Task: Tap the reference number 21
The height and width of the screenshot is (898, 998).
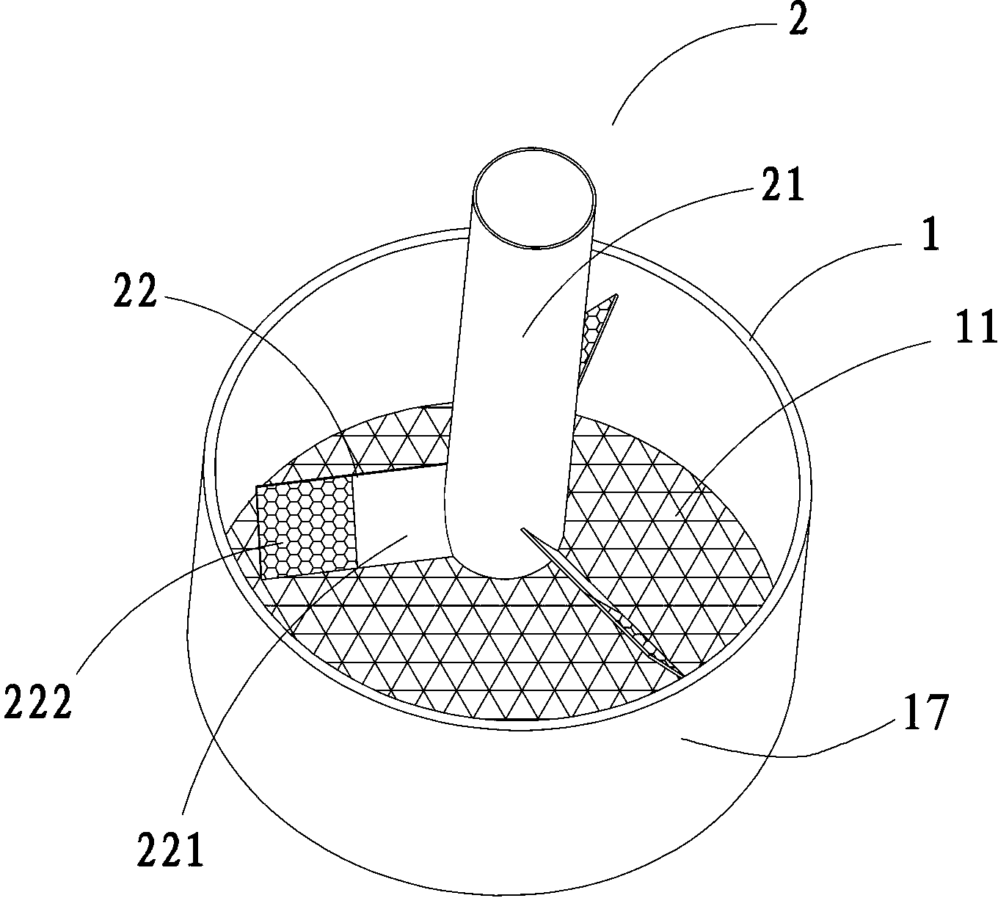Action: [x=782, y=183]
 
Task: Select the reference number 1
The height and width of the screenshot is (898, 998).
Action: [x=930, y=234]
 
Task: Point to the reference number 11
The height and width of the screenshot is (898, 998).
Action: [x=975, y=327]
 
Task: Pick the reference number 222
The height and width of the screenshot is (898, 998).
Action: [x=38, y=703]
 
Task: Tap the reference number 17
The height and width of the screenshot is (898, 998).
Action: [x=926, y=712]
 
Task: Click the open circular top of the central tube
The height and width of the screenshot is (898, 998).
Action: [x=534, y=197]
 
